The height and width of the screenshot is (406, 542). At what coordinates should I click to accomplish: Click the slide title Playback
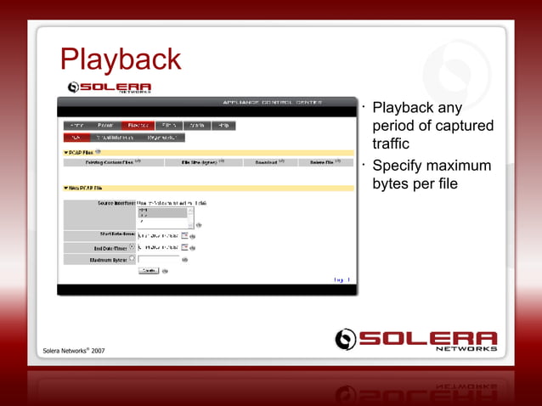[x=120, y=59]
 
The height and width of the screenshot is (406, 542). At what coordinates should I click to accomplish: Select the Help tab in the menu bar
[x=223, y=126]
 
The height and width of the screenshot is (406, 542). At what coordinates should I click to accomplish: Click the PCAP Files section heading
[x=82, y=152]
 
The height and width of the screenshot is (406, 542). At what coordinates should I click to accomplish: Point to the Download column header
[x=262, y=161]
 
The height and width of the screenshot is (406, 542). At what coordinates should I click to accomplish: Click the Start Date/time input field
[x=158, y=235]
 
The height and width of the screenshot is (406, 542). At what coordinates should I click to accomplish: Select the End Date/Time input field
[x=158, y=247]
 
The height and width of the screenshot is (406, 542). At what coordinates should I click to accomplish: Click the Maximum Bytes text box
[x=158, y=260]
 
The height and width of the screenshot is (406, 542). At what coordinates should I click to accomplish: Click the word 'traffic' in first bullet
[x=391, y=144]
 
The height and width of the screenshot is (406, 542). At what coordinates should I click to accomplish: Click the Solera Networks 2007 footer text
[x=74, y=350]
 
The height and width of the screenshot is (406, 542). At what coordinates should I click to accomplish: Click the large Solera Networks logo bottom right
[x=415, y=339]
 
